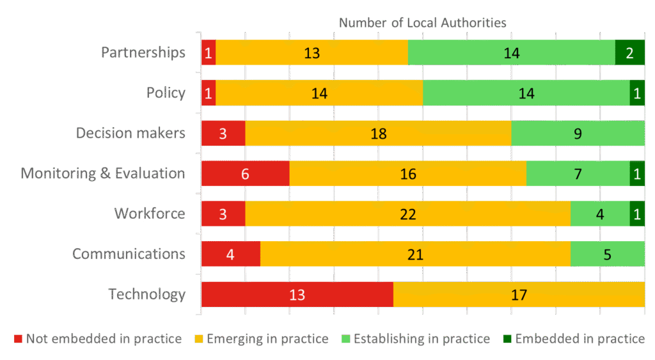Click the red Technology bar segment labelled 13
click(x=297, y=294)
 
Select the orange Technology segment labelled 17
click(x=519, y=294)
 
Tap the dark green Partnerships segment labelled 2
click(x=629, y=52)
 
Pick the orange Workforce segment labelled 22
click(x=407, y=214)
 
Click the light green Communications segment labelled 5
click(x=607, y=254)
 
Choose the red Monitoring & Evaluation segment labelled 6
click(x=245, y=173)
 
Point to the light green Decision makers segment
click(x=578, y=133)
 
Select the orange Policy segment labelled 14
click(x=319, y=93)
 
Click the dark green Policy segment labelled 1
click(x=637, y=93)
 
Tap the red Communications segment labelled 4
click(x=230, y=254)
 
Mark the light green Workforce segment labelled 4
click(x=600, y=214)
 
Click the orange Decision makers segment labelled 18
click(x=378, y=133)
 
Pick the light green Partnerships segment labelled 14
click(x=511, y=52)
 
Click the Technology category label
click(x=147, y=294)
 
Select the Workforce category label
click(x=150, y=214)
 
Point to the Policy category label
click(x=166, y=93)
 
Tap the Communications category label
click(x=129, y=254)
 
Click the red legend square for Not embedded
click(x=18, y=338)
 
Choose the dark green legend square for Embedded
click(x=506, y=338)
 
